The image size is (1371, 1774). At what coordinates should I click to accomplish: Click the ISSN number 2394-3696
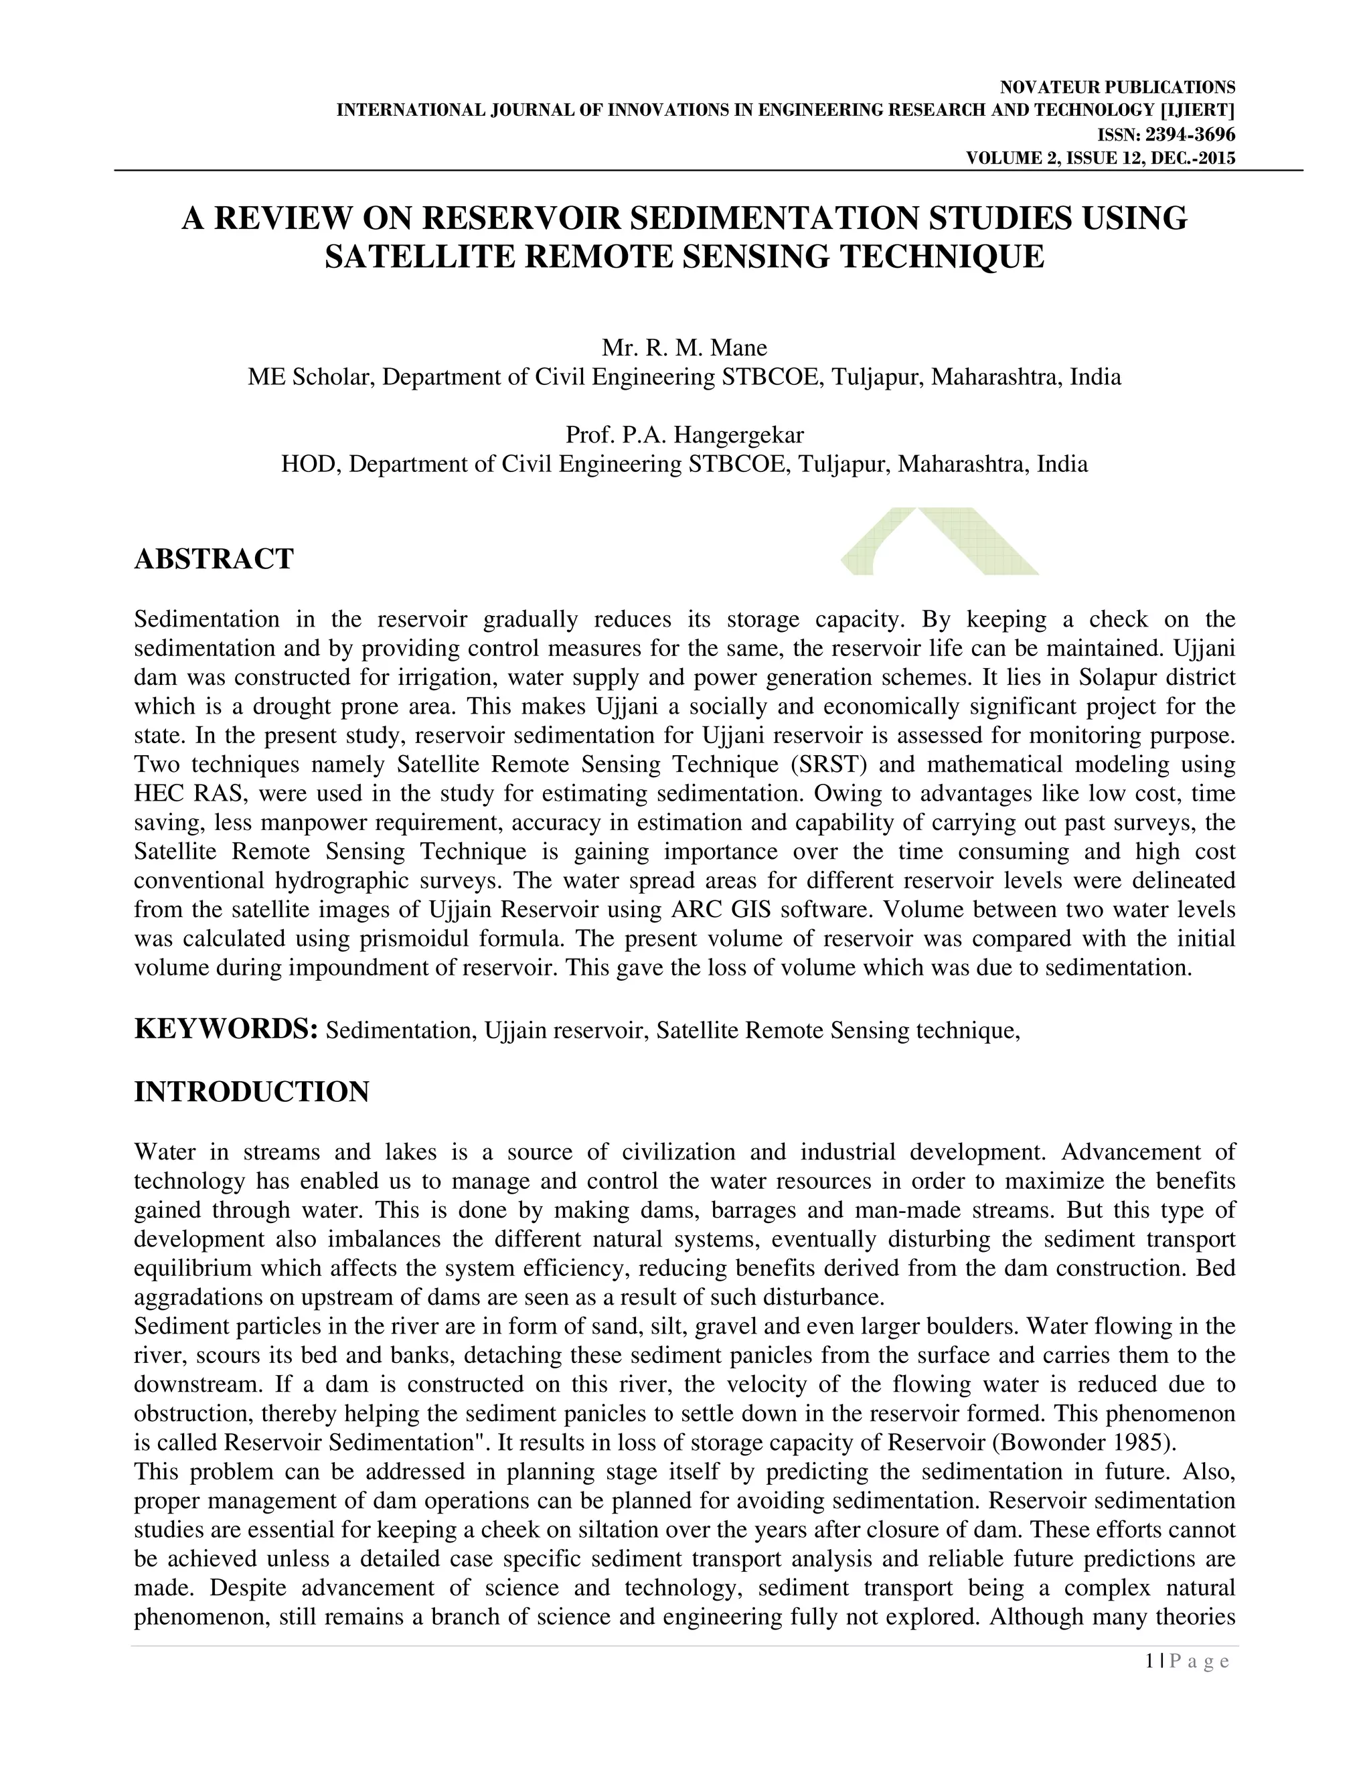point(1190,135)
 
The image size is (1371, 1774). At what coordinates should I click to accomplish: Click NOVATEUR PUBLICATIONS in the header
point(1117,88)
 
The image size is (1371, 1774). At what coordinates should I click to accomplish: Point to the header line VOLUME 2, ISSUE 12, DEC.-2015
point(1100,159)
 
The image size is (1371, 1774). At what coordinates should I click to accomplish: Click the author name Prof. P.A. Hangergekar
point(684,434)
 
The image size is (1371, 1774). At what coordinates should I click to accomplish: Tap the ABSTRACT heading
point(214,559)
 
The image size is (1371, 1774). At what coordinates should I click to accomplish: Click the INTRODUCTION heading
point(251,1092)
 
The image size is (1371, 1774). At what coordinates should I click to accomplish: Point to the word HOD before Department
point(301,464)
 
